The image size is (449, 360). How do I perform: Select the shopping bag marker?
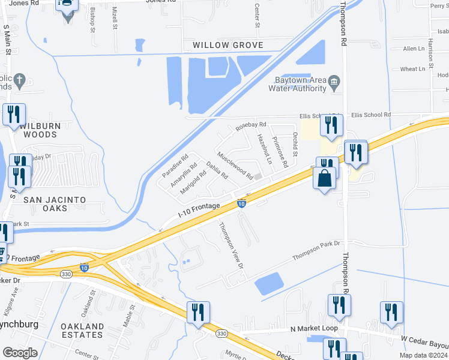[324, 179]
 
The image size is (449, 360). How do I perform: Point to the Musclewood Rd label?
[235, 166]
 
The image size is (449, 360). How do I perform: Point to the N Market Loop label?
[311, 329]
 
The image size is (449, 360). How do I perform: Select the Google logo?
[20, 352]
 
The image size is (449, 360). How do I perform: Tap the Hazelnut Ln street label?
[265, 149]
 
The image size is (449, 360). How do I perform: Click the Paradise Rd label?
[175, 166]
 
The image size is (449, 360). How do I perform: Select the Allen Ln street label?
[414, 49]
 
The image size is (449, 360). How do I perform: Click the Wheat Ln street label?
[412, 69]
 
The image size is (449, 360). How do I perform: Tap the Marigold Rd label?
[193, 182]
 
